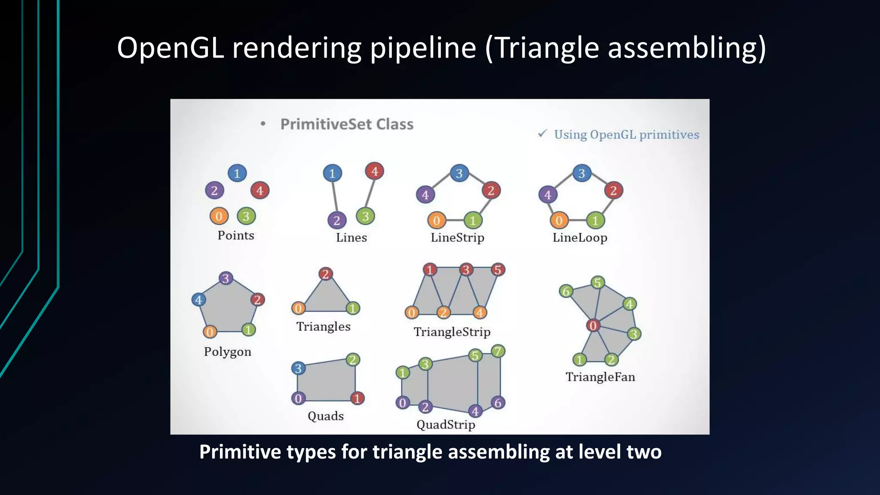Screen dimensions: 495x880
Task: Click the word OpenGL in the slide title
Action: click(x=170, y=48)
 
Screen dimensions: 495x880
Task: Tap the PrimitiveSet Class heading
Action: click(x=347, y=125)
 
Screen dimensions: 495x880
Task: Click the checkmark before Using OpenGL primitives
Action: click(x=542, y=134)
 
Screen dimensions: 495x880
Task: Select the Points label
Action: click(x=235, y=235)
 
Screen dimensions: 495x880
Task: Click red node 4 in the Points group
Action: click(x=260, y=190)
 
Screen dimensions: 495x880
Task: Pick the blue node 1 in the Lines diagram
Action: click(x=332, y=174)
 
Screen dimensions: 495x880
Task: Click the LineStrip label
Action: click(x=457, y=238)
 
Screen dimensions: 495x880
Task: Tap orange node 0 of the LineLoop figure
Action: click(x=559, y=221)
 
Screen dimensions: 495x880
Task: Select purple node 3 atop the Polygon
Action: click(x=226, y=278)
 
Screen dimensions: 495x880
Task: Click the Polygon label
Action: click(x=227, y=352)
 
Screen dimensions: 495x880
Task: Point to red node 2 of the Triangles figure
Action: click(x=326, y=274)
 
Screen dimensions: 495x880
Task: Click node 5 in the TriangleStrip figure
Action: click(x=498, y=270)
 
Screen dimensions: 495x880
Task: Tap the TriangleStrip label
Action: click(x=452, y=332)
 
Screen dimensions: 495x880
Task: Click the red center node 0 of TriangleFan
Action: click(x=593, y=326)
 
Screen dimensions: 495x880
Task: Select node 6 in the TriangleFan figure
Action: click(x=566, y=291)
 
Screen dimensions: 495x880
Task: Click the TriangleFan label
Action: click(x=600, y=377)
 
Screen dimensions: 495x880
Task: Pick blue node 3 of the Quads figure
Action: click(x=298, y=368)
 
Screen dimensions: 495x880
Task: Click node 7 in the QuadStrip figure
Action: click(x=498, y=351)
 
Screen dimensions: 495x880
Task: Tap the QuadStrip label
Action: click(x=446, y=425)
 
